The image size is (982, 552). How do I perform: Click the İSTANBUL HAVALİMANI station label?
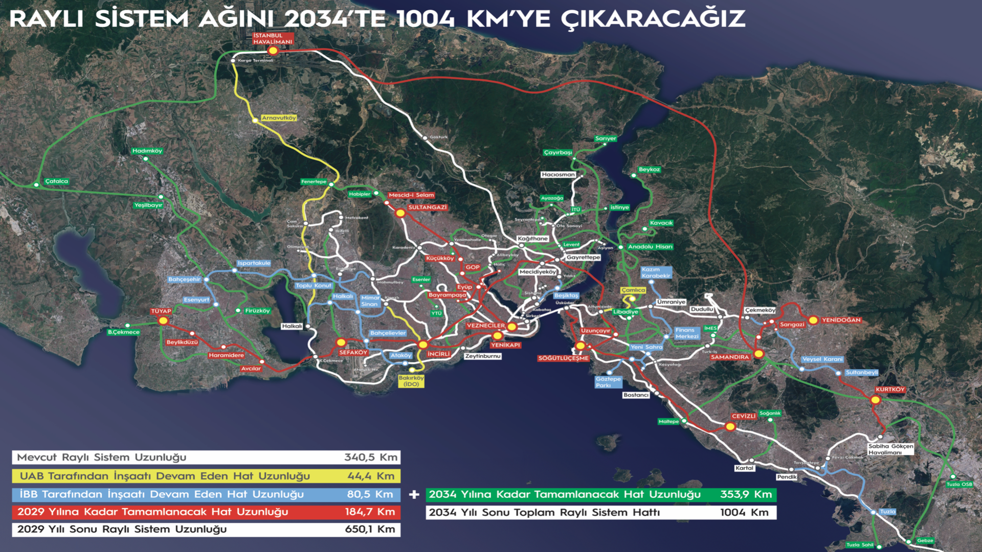point(273,39)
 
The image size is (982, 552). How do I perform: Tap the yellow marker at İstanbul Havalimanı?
point(273,51)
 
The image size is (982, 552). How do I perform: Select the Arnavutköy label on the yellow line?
point(279,118)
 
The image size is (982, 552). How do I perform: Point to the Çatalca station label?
point(56,181)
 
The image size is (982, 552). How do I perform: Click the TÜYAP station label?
point(161,311)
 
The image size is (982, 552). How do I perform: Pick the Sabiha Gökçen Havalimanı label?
point(890,449)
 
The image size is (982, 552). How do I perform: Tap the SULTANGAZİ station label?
point(427,208)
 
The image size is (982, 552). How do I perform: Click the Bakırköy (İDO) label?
point(411,381)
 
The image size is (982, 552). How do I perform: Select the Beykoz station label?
point(649,169)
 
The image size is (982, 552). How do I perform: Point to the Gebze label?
point(925,540)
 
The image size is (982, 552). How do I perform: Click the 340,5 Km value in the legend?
point(370,457)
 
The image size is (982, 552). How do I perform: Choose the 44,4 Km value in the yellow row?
point(371,476)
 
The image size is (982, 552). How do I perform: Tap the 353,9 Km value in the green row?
point(746,494)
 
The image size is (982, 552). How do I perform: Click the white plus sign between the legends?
point(414,494)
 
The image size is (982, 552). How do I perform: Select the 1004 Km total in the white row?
point(744,512)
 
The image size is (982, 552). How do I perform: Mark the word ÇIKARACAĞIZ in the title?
point(653,19)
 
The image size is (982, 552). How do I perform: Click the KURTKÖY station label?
point(890,389)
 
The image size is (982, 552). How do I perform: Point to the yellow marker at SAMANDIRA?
point(759,354)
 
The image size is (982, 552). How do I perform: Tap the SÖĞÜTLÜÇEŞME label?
point(563,358)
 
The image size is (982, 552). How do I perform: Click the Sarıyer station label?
point(606,139)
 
